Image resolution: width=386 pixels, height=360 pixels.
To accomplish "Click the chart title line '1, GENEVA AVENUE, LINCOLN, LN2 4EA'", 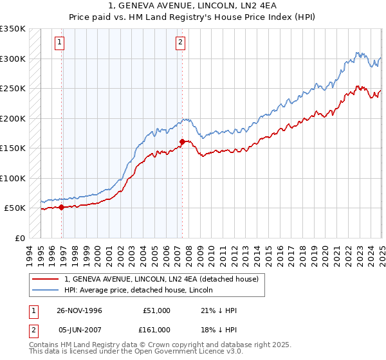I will [x=193, y=6].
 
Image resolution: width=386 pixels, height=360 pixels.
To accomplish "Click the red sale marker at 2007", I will [x=182, y=141].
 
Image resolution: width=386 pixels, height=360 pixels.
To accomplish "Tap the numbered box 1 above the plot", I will [x=59, y=42].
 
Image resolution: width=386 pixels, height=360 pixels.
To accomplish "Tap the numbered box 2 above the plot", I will [x=179, y=42].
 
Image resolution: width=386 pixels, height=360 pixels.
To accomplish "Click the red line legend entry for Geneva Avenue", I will [x=161, y=279].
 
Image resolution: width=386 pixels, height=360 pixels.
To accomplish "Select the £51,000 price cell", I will [x=156, y=310].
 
